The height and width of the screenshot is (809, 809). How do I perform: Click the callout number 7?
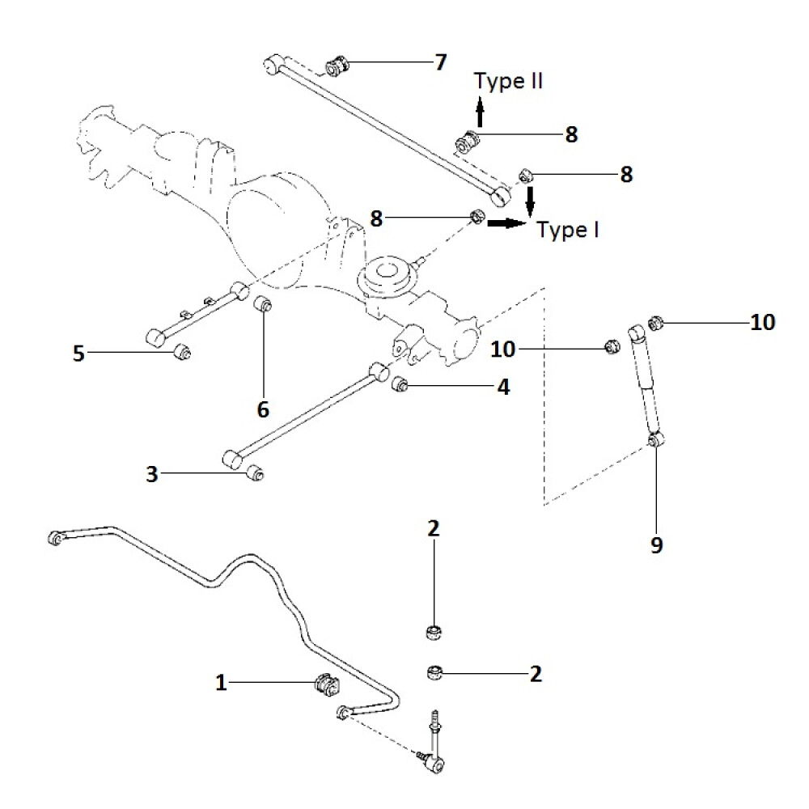[440, 62]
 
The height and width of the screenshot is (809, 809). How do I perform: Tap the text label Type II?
[509, 81]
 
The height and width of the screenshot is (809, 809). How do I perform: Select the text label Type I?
[568, 231]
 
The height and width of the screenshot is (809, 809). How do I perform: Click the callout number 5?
[78, 354]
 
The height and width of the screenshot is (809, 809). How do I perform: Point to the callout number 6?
[263, 409]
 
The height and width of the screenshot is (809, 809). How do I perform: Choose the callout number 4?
[503, 388]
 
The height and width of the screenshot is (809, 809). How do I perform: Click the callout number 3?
[152, 474]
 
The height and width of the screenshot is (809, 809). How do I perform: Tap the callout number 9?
[656, 545]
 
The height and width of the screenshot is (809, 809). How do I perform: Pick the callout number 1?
[221, 684]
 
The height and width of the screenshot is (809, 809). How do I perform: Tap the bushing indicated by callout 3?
[256, 471]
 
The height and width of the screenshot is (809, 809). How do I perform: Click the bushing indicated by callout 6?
[263, 306]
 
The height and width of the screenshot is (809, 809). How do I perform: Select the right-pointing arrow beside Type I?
[506, 222]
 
